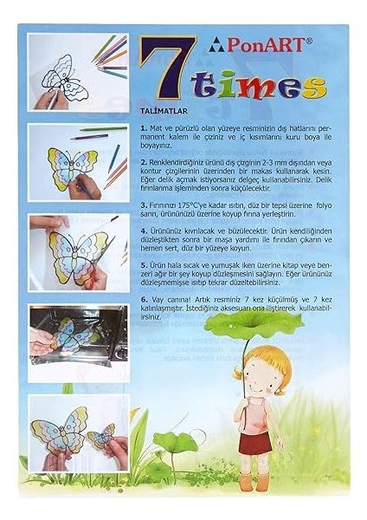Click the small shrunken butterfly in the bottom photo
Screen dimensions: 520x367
pos(102,434)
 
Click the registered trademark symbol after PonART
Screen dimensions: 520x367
pos(299,39)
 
